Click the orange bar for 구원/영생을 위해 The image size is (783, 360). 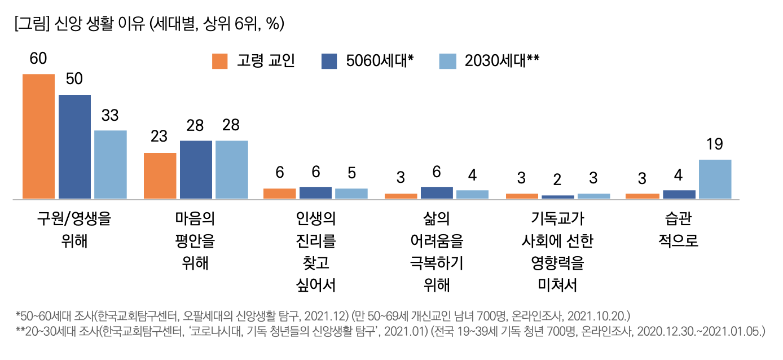38,136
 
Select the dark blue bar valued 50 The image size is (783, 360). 74,147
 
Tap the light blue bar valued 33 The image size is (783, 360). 111,164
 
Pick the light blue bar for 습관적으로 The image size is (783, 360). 715,179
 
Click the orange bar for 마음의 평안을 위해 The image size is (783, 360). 160,175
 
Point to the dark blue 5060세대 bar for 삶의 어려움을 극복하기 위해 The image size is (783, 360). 437,192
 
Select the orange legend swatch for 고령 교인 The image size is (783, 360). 220,61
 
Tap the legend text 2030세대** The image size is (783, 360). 502,61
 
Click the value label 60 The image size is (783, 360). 38,60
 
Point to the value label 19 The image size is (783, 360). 715,145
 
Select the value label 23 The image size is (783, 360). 160,137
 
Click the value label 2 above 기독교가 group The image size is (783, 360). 557,179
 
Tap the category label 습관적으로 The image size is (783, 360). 678,230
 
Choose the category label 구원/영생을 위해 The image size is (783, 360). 74,230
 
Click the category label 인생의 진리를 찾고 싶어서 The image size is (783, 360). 315,252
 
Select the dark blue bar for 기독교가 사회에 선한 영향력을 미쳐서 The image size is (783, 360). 557,196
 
